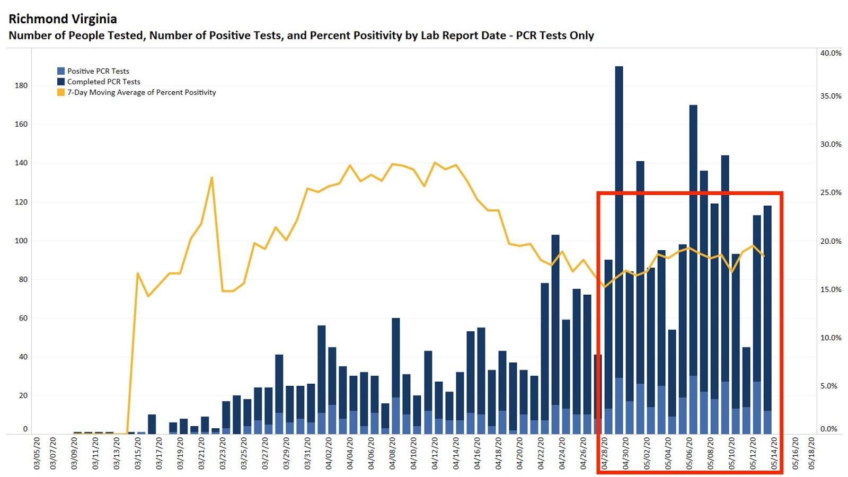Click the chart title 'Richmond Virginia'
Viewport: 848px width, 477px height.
pyautogui.click(x=63, y=19)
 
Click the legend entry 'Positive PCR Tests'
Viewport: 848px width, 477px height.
pyautogui.click(x=98, y=71)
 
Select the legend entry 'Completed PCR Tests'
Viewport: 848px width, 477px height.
pyautogui.click(x=103, y=82)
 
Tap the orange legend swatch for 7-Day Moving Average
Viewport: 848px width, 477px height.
pyautogui.click(x=61, y=92)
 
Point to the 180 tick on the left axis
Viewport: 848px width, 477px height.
pyautogui.click(x=21, y=85)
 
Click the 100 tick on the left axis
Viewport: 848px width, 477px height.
pyautogui.click(x=21, y=241)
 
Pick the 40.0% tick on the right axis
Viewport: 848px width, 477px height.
pyautogui.click(x=831, y=53)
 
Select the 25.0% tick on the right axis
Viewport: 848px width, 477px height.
pyautogui.click(x=831, y=192)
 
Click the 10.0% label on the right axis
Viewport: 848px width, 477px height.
pyautogui.click(x=831, y=338)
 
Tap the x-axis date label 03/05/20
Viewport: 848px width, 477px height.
pyautogui.click(x=37, y=453)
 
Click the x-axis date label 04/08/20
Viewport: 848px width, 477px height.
pyautogui.click(x=393, y=453)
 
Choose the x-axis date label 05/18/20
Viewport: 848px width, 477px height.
pyautogui.click(x=811, y=453)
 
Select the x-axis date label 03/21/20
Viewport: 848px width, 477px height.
pyautogui.click(x=201, y=453)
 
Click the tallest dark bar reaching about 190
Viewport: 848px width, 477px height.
pyautogui.click(x=619, y=159)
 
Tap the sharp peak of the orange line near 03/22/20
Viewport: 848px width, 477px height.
pyautogui.click(x=212, y=178)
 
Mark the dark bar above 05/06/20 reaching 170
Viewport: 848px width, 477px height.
pyautogui.click(x=693, y=212)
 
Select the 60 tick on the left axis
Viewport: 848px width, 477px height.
pyautogui.click(x=23, y=318)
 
